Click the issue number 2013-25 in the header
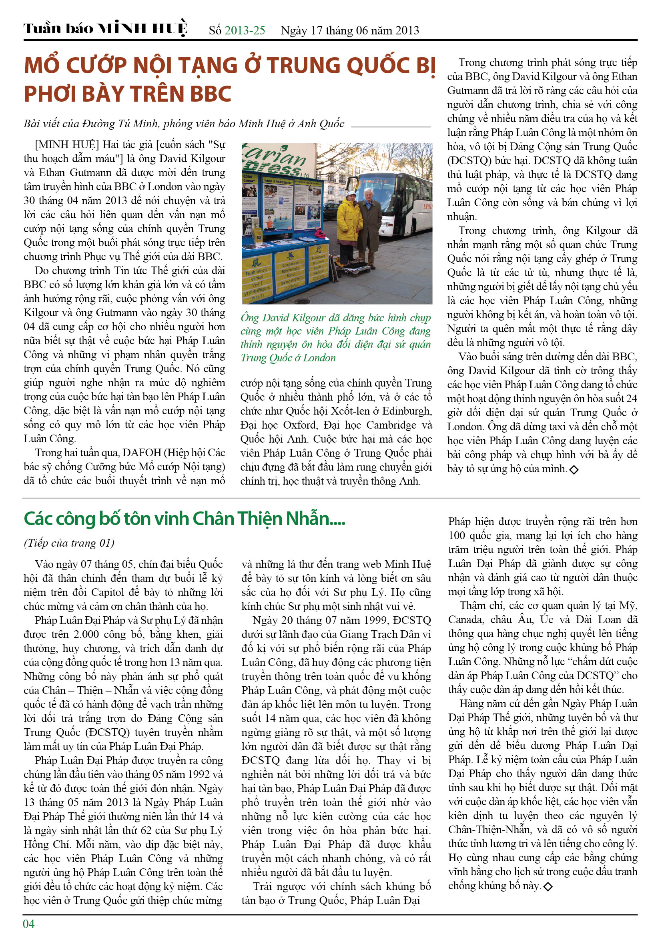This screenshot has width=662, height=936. (x=245, y=30)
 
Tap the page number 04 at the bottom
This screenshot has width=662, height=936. (x=28, y=923)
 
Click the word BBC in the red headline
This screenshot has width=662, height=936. (x=211, y=94)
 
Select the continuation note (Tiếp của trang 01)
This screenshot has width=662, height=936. (x=69, y=543)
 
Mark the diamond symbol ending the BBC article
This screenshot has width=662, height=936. (x=574, y=470)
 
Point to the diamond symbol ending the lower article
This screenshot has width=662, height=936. (x=548, y=886)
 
